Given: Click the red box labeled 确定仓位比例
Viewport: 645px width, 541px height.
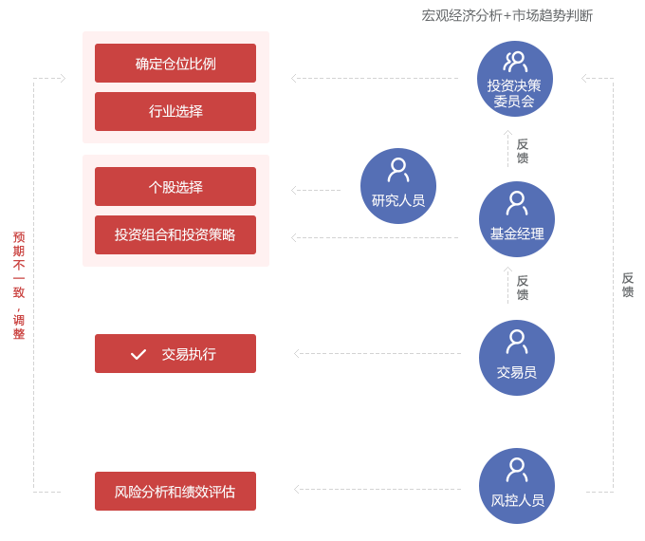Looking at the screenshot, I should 175,64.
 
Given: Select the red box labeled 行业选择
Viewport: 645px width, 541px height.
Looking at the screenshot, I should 175,111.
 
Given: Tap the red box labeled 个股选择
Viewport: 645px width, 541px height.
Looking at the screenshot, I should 175,187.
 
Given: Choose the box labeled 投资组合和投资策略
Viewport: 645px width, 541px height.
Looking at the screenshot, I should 175,234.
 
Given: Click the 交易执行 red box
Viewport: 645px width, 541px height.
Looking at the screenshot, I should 175,353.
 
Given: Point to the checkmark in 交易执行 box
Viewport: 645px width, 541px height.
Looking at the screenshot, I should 138,354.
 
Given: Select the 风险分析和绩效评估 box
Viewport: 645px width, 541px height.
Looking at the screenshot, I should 175,491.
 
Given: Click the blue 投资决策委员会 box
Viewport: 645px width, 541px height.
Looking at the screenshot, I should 514,78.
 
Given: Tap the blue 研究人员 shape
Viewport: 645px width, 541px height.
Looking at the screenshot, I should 397,186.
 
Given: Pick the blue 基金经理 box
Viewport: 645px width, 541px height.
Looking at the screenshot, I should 516,218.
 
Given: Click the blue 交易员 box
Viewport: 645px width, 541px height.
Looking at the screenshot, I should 516,357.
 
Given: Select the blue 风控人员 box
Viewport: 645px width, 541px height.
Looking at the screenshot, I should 516,485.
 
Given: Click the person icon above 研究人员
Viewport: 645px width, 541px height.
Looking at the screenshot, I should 398,170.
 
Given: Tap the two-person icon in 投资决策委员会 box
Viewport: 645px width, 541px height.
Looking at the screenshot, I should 515,62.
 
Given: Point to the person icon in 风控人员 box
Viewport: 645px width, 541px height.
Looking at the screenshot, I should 517,469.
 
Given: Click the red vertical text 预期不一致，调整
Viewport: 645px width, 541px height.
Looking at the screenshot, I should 19,285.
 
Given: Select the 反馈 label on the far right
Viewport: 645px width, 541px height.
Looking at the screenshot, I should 627,285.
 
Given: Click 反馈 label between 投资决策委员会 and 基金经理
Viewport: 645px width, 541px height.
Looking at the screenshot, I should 522,151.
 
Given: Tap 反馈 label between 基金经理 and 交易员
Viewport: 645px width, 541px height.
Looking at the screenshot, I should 522,288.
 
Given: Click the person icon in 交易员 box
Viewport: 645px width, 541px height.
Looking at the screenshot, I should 517,341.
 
